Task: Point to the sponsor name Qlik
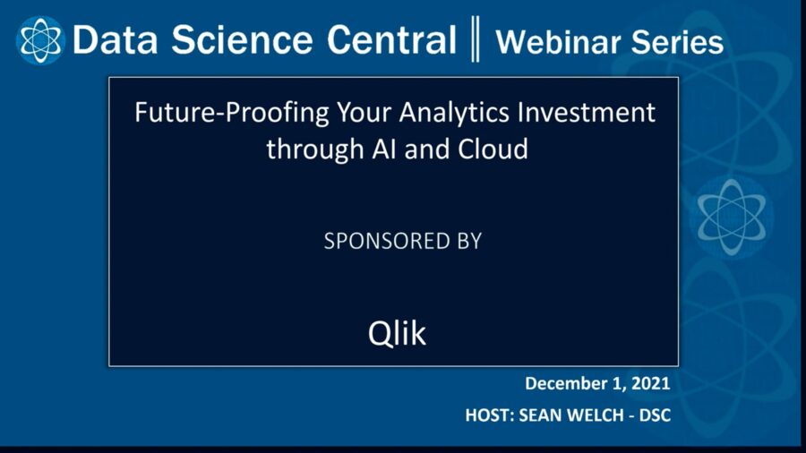(397, 333)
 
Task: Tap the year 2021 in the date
(649, 383)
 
